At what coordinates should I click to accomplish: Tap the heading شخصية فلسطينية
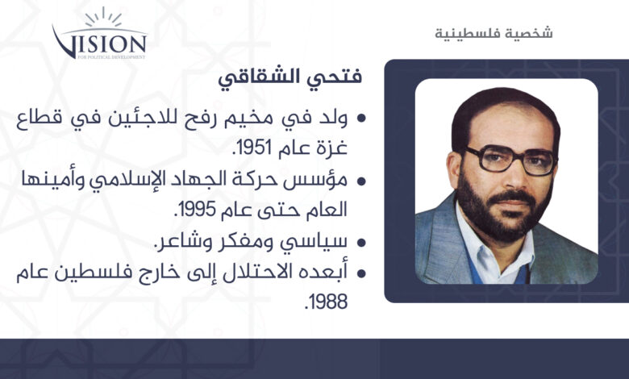494,33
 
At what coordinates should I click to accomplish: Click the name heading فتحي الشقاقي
290,77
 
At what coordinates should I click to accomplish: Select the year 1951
252,148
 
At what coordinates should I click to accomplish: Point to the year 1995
195,210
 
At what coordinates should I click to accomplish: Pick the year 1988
326,302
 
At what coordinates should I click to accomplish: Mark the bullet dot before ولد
361,119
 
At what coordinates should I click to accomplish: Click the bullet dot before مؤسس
361,181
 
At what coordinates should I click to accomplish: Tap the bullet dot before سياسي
361,242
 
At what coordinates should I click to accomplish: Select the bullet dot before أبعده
361,273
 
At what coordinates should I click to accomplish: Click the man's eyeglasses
510,159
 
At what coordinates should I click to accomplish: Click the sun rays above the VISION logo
103,18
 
